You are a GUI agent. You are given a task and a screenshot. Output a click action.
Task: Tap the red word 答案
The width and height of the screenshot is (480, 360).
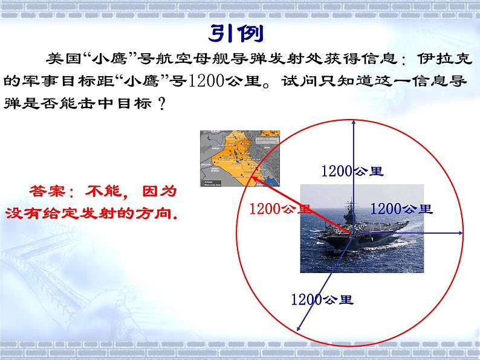[47, 192]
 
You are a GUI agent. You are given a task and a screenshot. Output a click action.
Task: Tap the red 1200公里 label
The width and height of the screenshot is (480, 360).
[280, 209]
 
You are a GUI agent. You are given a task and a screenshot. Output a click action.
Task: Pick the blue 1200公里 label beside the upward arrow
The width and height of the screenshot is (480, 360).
[352, 171]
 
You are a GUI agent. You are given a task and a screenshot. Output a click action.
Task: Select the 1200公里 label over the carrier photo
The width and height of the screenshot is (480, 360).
[401, 209]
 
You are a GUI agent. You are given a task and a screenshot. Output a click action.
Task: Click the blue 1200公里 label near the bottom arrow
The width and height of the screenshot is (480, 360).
[322, 298]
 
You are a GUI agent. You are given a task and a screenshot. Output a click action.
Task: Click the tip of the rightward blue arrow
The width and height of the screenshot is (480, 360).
[463, 233]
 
